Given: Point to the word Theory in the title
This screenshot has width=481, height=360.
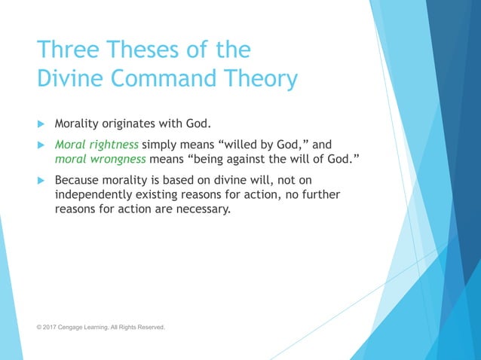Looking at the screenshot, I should click(259, 78).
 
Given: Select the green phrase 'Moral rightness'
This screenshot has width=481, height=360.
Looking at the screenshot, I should click(97, 145).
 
